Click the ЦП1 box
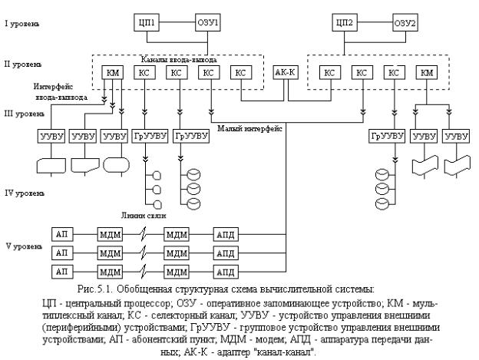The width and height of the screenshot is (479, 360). tap(147, 22)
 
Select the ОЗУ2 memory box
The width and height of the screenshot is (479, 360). tap(405, 22)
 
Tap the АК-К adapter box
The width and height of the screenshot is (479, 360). tap(285, 73)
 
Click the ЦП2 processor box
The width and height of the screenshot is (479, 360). tap(345, 22)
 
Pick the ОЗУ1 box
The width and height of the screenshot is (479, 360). tap(208, 22)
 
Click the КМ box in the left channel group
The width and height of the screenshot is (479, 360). tap(113, 73)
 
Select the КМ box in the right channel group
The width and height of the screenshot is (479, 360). tap(427, 73)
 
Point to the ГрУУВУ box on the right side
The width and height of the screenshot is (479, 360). tap(387, 136)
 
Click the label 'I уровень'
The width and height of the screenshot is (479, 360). tap(22, 24)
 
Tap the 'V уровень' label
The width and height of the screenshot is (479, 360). tap(24, 246)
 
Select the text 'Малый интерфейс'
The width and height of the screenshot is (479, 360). tap(249, 128)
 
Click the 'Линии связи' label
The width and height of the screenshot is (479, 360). tap(144, 215)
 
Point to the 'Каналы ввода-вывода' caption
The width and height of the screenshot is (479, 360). tap(179, 60)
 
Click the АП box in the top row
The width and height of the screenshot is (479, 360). tap(62, 235)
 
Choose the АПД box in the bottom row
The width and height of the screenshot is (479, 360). tap(226, 272)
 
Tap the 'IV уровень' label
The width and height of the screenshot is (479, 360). tap(25, 193)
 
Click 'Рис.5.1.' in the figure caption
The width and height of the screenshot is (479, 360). tap(95, 289)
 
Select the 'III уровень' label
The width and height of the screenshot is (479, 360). tap(25, 114)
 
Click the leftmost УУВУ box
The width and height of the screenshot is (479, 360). tap(51, 136)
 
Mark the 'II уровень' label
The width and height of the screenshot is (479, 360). tap(23, 64)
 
